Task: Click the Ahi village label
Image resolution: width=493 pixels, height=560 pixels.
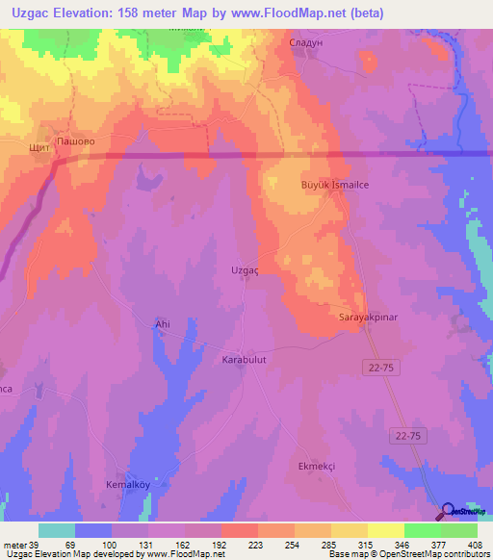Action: coord(162,325)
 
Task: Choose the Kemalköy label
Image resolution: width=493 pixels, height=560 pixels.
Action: coord(128,485)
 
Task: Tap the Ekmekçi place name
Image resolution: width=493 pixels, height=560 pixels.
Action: coord(315,466)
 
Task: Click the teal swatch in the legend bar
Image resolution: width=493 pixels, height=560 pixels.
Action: coord(57,530)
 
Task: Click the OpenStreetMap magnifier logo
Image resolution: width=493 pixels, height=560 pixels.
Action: coord(447,511)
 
